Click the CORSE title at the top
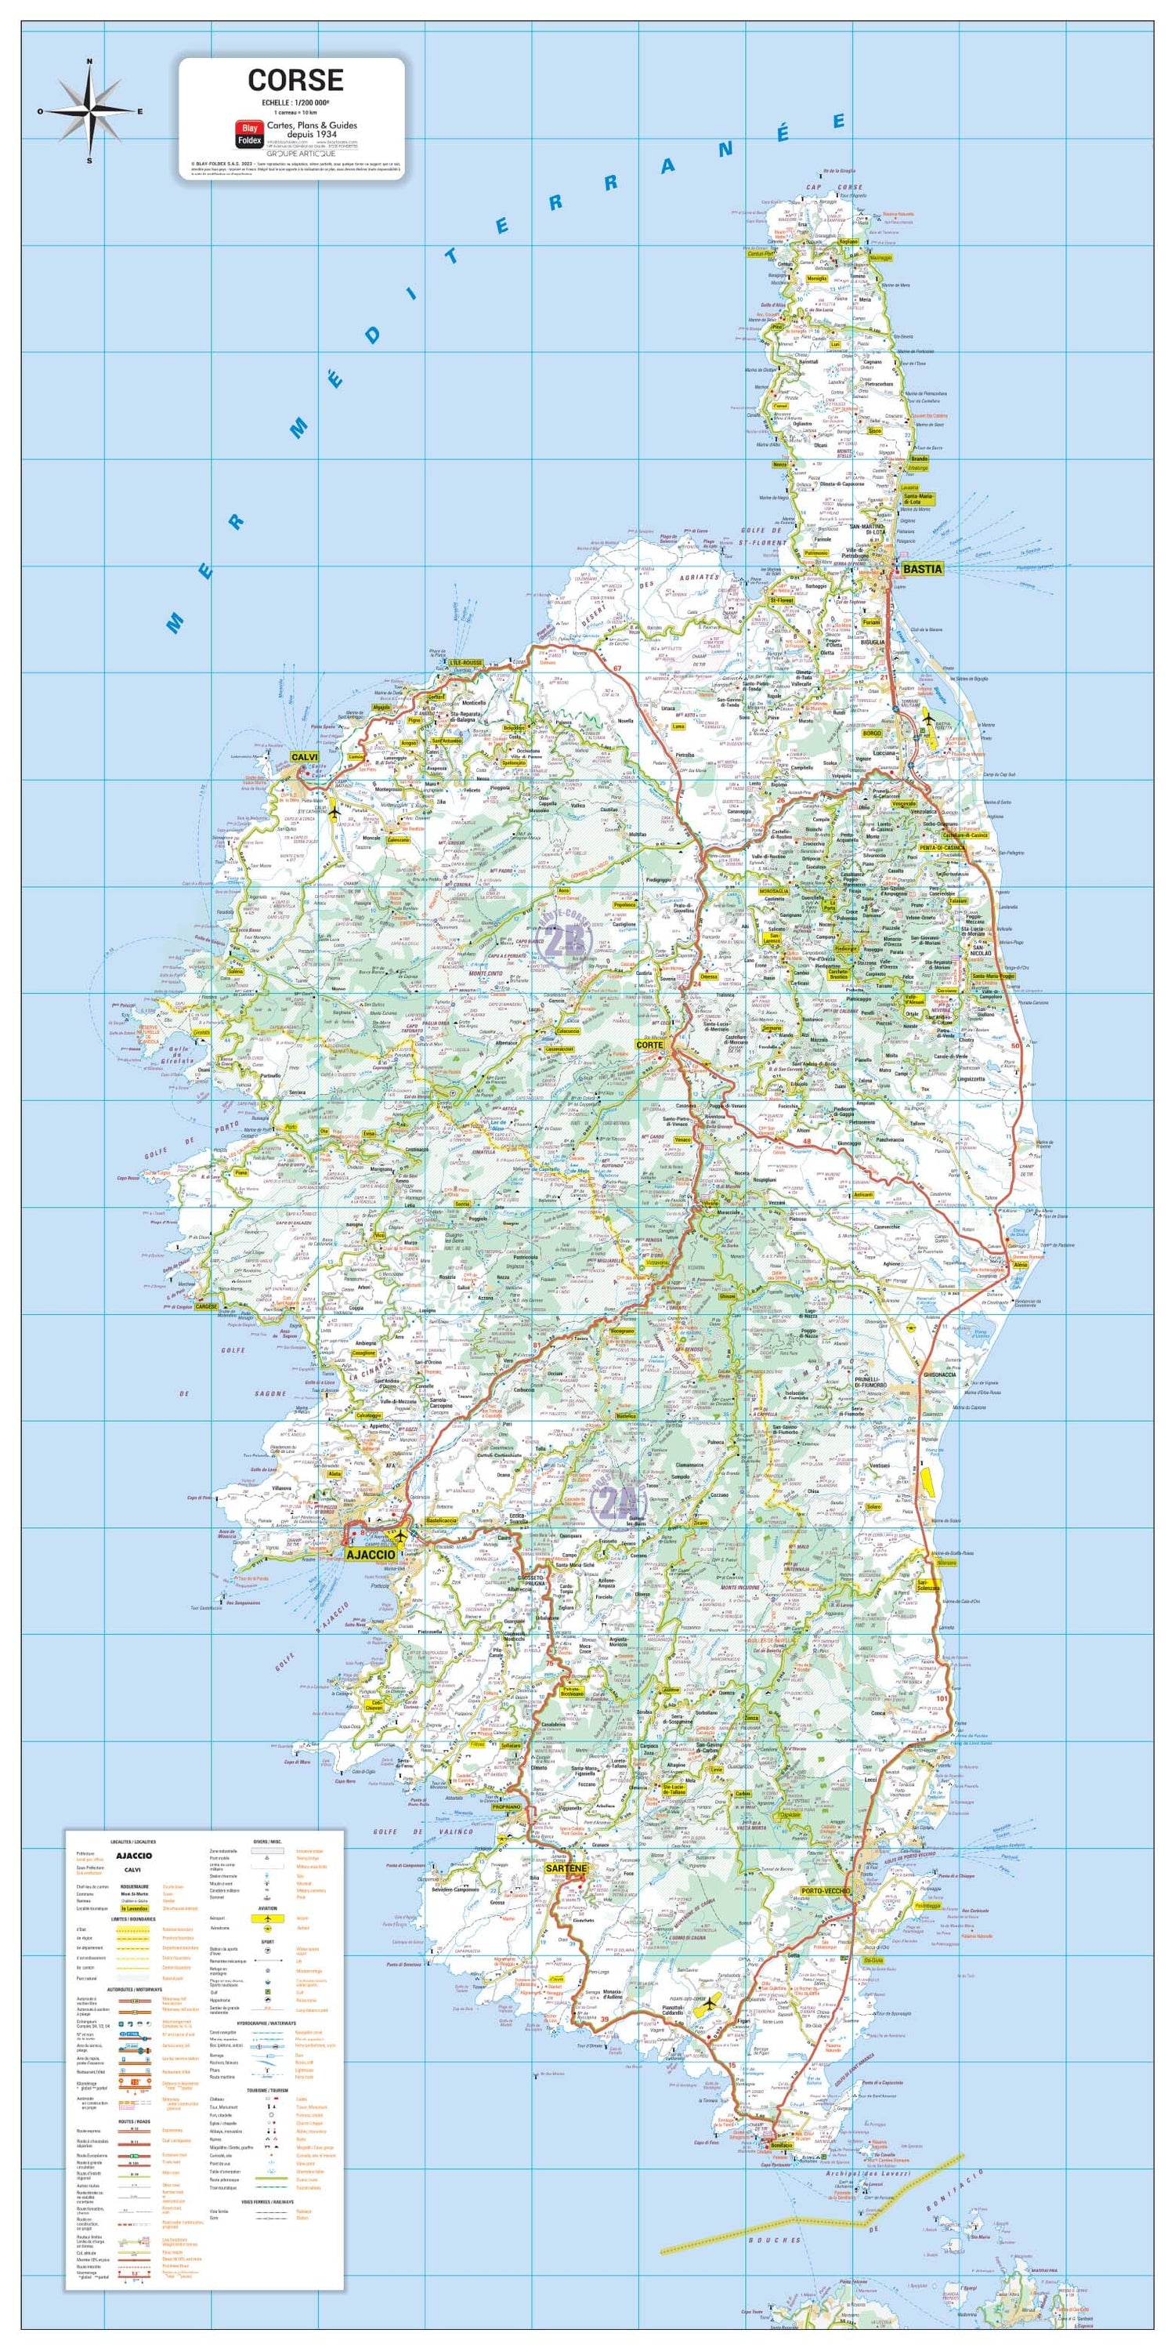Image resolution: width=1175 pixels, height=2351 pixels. click(295, 80)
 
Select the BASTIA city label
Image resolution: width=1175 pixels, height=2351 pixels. click(921, 570)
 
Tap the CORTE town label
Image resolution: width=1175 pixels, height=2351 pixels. click(649, 1045)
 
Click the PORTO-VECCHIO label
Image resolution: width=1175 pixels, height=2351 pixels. click(825, 1890)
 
